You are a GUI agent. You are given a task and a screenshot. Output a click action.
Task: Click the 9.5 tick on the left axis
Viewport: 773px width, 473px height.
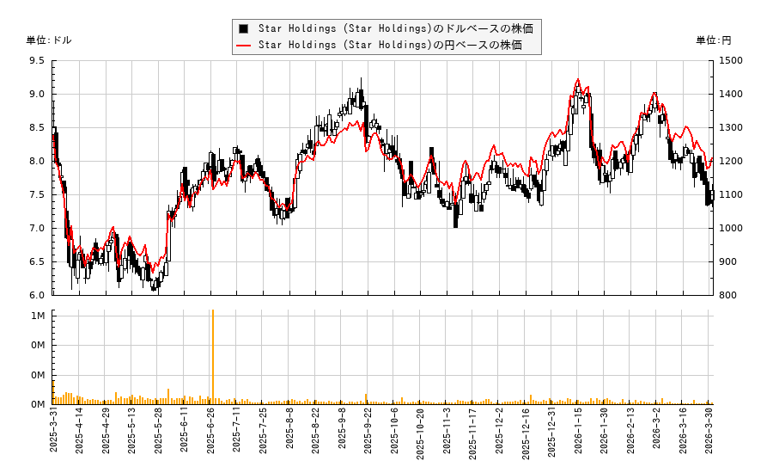tap(37, 61)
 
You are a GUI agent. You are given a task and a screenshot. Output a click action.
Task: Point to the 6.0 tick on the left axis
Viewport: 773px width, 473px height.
tap(37, 295)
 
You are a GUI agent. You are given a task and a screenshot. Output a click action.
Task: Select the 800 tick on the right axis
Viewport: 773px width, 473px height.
tap(729, 295)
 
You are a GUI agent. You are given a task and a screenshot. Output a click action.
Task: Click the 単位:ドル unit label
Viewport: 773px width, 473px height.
tap(49, 40)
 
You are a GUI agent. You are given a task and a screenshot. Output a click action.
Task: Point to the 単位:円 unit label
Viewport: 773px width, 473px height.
tap(713, 40)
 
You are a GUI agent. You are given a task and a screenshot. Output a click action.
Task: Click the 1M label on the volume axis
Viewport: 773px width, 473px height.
tap(39, 316)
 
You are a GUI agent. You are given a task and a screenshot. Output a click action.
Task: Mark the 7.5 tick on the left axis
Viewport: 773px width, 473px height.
tap(37, 194)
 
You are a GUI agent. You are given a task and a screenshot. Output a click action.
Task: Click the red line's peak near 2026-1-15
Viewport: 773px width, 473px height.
tap(577, 80)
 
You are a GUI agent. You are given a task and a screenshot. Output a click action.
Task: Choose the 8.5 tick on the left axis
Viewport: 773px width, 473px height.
tap(37, 127)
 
